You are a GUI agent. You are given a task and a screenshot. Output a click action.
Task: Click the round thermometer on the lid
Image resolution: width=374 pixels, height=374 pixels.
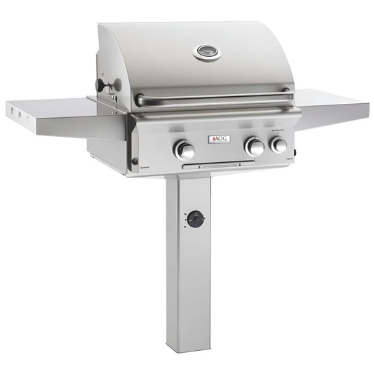[x=206, y=52]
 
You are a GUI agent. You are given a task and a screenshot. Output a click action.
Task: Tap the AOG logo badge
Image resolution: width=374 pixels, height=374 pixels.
[x=218, y=139]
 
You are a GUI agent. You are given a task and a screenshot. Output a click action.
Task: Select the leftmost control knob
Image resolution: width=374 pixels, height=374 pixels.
[x=185, y=149]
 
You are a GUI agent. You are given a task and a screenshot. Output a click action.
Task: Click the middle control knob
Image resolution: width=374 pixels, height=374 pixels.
[x=255, y=147]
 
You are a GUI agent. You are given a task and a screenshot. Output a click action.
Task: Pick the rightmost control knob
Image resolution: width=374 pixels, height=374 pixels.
[x=279, y=145]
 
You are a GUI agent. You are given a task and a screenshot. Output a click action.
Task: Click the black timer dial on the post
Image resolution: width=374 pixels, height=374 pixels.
[x=195, y=219]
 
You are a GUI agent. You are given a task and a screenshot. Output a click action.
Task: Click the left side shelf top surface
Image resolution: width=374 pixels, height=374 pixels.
[x=63, y=108]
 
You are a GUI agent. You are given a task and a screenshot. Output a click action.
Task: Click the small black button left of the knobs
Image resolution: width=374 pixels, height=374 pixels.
[x=135, y=161]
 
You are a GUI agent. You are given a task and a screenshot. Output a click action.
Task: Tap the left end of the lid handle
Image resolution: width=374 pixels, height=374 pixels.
[x=141, y=100]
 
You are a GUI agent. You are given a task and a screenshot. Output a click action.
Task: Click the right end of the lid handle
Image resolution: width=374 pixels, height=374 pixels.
[x=287, y=94]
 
